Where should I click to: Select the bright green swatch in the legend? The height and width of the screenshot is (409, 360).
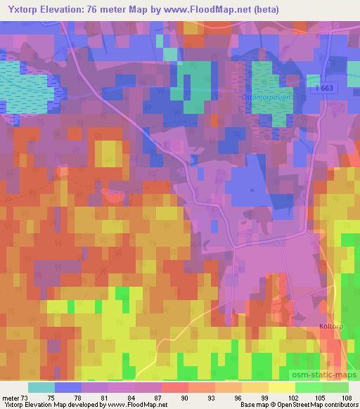tap(308, 387)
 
